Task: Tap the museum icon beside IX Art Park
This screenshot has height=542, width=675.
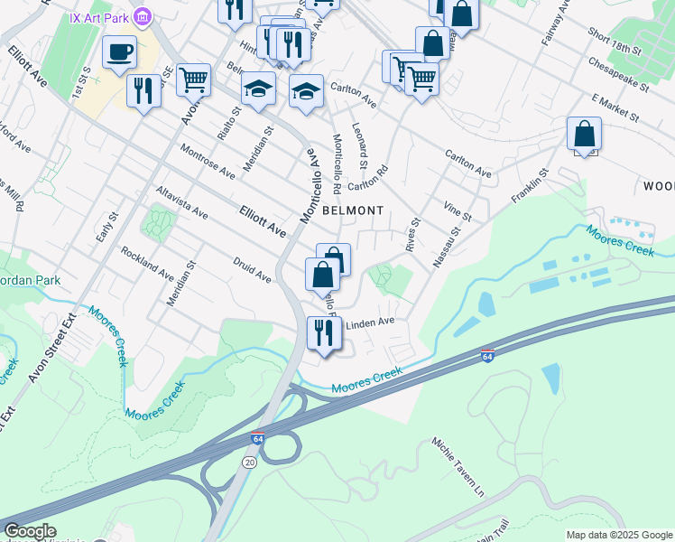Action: (x=142, y=17)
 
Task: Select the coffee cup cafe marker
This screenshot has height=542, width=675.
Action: (x=119, y=52)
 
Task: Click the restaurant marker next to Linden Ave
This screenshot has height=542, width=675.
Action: (x=322, y=333)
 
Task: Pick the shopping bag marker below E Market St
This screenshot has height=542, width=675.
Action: (x=585, y=135)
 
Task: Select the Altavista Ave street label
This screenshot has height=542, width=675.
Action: (x=181, y=203)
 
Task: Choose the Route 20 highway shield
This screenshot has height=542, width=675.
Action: (x=248, y=462)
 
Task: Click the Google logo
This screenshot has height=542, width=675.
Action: (x=30, y=531)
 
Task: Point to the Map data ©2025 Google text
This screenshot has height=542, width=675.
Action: (x=619, y=535)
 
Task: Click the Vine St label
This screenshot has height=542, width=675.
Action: (x=458, y=211)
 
